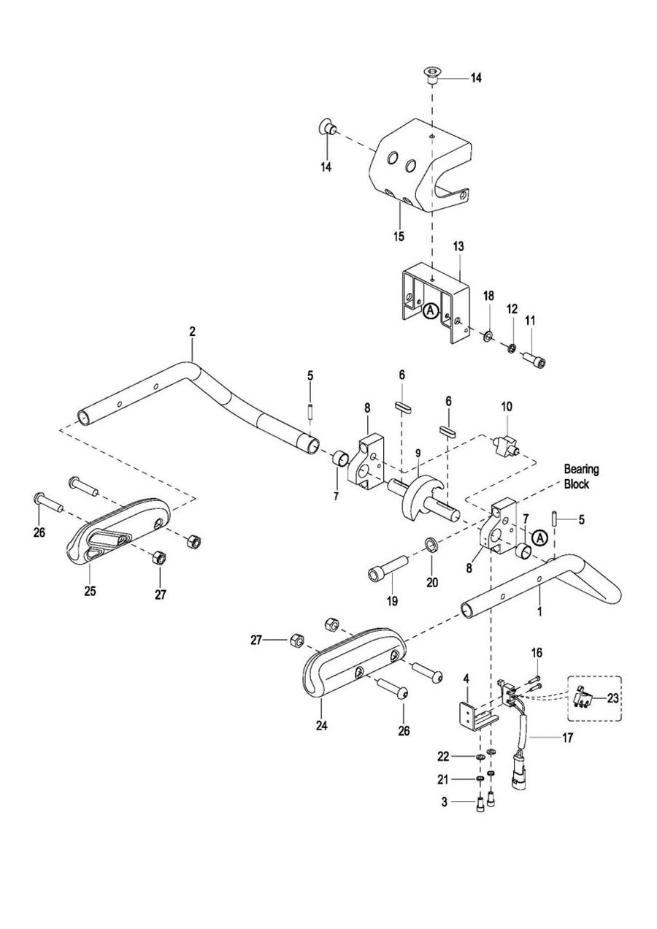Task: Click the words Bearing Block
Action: (x=581, y=476)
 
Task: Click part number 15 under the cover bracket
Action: (x=399, y=237)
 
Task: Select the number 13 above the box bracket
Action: (x=458, y=246)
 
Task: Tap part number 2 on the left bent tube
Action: (x=192, y=332)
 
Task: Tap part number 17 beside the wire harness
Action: (x=567, y=738)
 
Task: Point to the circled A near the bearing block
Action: (x=539, y=538)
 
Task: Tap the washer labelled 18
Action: (x=488, y=334)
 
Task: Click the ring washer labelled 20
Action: (x=431, y=545)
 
